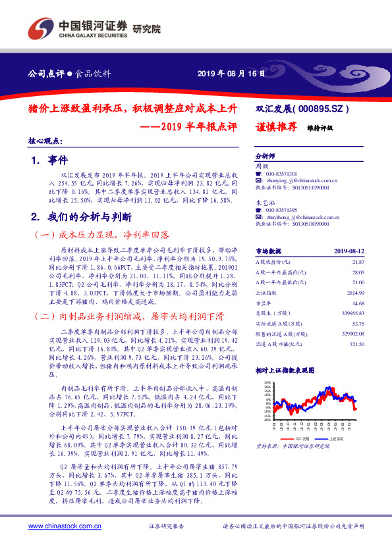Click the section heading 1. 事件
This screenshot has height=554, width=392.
(45, 159)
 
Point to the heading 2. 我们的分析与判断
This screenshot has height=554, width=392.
(82, 216)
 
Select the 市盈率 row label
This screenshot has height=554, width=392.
(264, 303)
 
